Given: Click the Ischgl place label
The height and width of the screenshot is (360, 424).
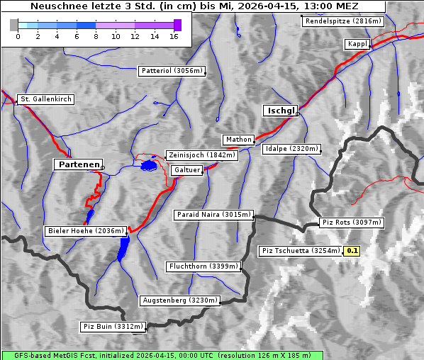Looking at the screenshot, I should (x=281, y=111).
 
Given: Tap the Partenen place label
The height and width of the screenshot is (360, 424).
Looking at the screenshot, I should (x=78, y=164).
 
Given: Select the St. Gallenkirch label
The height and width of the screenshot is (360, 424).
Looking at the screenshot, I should (x=45, y=99).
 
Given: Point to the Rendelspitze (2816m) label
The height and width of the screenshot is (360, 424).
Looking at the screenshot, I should (x=344, y=21).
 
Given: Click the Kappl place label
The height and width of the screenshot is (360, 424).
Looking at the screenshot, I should (x=357, y=44).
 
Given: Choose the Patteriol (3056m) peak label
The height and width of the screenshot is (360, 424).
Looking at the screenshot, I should (x=172, y=71).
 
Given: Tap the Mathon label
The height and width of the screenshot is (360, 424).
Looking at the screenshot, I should (x=238, y=140).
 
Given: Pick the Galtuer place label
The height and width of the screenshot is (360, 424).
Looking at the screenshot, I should (x=187, y=170).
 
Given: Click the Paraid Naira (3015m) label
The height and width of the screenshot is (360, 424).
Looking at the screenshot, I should (x=213, y=214).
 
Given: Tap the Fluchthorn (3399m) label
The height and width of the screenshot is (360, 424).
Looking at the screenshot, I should (x=203, y=266).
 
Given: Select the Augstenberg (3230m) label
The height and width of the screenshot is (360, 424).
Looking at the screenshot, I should (x=179, y=300).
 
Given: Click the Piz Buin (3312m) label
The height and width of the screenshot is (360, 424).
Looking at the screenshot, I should (x=113, y=327).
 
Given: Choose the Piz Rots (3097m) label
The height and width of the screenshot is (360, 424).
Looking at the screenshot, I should (x=352, y=223).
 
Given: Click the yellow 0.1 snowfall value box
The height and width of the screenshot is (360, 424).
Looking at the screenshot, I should (x=352, y=251).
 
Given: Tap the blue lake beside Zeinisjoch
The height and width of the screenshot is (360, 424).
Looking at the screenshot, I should (x=148, y=166).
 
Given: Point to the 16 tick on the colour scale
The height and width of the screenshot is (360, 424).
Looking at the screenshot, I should (x=174, y=35).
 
